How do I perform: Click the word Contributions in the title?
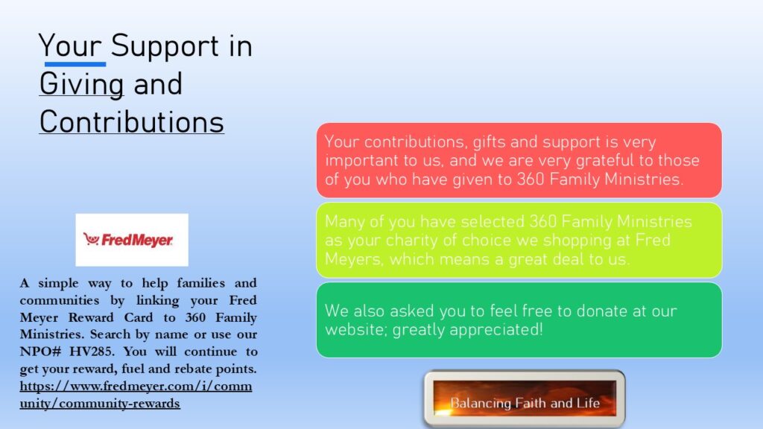click(131, 121)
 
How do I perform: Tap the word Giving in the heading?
click(81, 84)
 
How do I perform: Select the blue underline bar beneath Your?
click(75, 64)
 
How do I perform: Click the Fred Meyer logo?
click(132, 240)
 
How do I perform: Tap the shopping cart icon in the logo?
click(91, 239)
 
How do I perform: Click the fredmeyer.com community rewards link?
click(136, 395)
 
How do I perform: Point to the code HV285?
click(92, 352)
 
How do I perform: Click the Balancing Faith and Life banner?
click(525, 399)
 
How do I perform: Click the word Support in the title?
click(165, 47)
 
